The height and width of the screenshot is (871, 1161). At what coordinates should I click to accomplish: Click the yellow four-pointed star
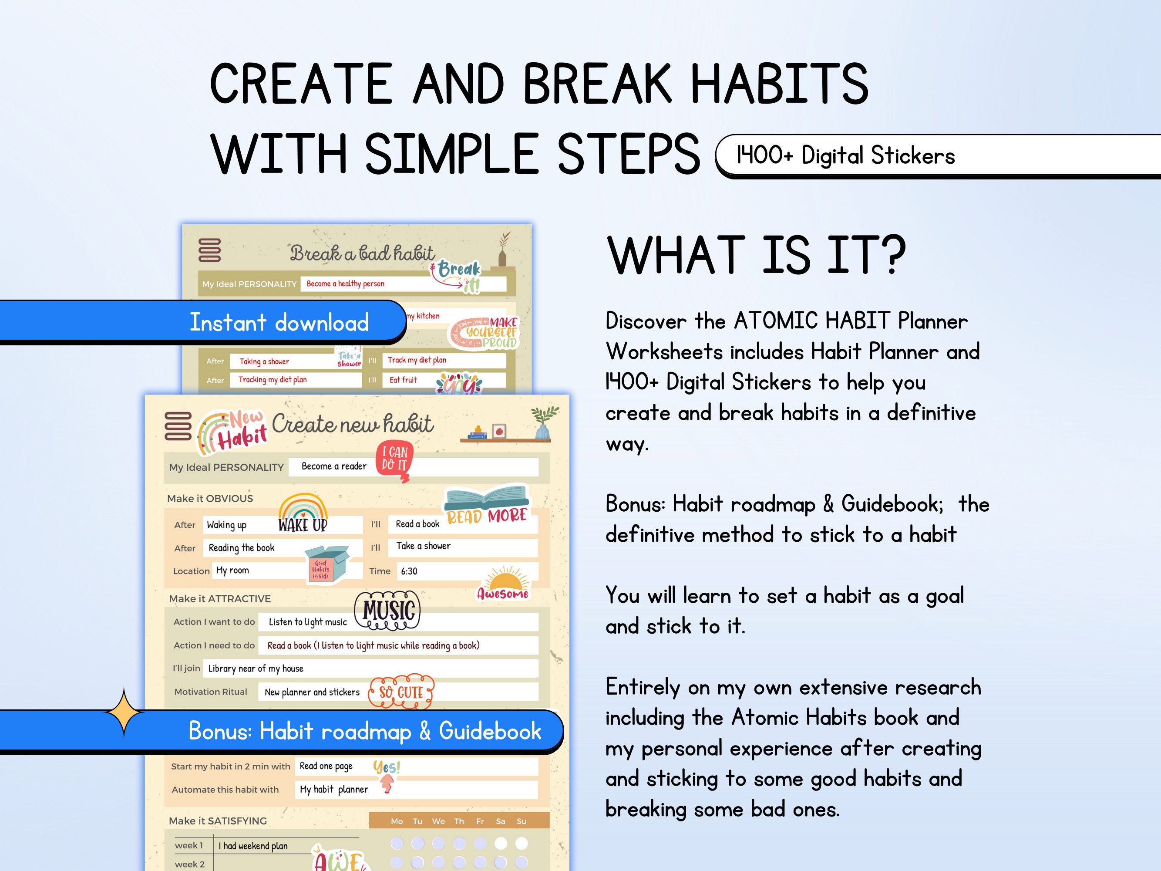pyautogui.click(x=124, y=712)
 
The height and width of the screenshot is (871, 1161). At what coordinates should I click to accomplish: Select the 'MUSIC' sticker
pyautogui.click(x=388, y=610)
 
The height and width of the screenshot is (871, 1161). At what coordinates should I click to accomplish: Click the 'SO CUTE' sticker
pyautogui.click(x=401, y=692)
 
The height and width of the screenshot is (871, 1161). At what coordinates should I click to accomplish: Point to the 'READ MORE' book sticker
pyautogui.click(x=487, y=505)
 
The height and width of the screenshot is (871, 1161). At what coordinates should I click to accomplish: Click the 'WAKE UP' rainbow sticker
pyautogui.click(x=303, y=514)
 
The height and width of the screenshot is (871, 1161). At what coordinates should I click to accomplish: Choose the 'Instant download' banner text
pyautogui.click(x=279, y=322)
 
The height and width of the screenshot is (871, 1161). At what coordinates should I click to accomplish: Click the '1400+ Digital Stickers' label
pyautogui.click(x=845, y=155)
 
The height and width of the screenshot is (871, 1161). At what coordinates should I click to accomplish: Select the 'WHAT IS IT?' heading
pyautogui.click(x=756, y=255)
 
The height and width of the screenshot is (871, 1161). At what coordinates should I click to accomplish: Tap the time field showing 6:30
pyautogui.click(x=409, y=571)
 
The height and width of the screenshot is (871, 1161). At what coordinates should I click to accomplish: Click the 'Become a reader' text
pyautogui.click(x=334, y=466)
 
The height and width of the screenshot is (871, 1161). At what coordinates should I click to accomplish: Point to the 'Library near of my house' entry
pyautogui.click(x=256, y=668)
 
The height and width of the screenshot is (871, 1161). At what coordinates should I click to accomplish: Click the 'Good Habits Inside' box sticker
pyautogui.click(x=326, y=564)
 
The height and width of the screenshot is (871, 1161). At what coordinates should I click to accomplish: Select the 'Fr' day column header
pyautogui.click(x=480, y=821)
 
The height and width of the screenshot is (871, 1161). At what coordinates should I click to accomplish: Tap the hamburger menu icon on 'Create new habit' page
pyautogui.click(x=178, y=425)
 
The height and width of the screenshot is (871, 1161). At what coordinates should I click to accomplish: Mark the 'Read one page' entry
pyautogui.click(x=326, y=766)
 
